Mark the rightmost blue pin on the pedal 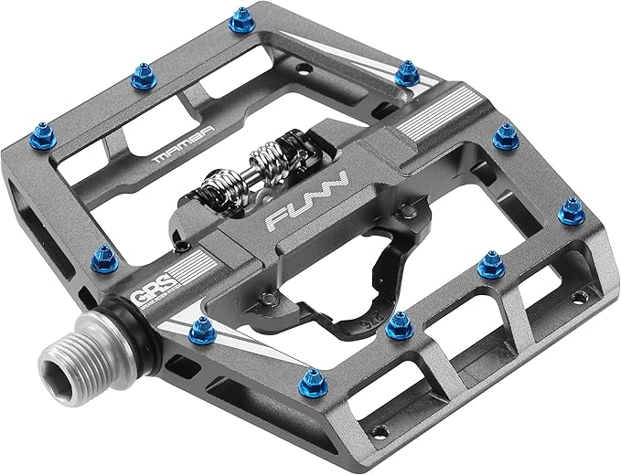pyautogui.click(x=571, y=212)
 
